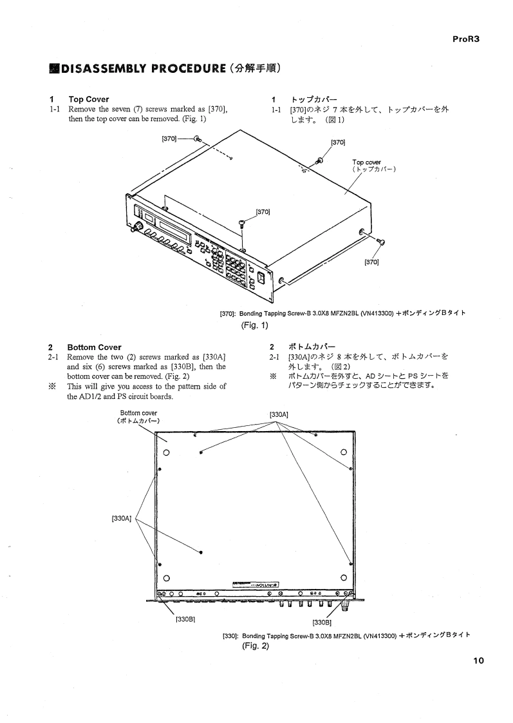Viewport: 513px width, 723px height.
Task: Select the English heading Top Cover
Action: (x=89, y=99)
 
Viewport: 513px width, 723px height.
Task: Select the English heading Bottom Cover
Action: (x=94, y=347)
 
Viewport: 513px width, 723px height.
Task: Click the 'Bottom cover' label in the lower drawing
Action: (x=139, y=413)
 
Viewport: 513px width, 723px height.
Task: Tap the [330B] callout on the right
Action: (x=322, y=622)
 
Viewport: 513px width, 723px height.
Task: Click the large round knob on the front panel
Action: (x=137, y=227)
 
